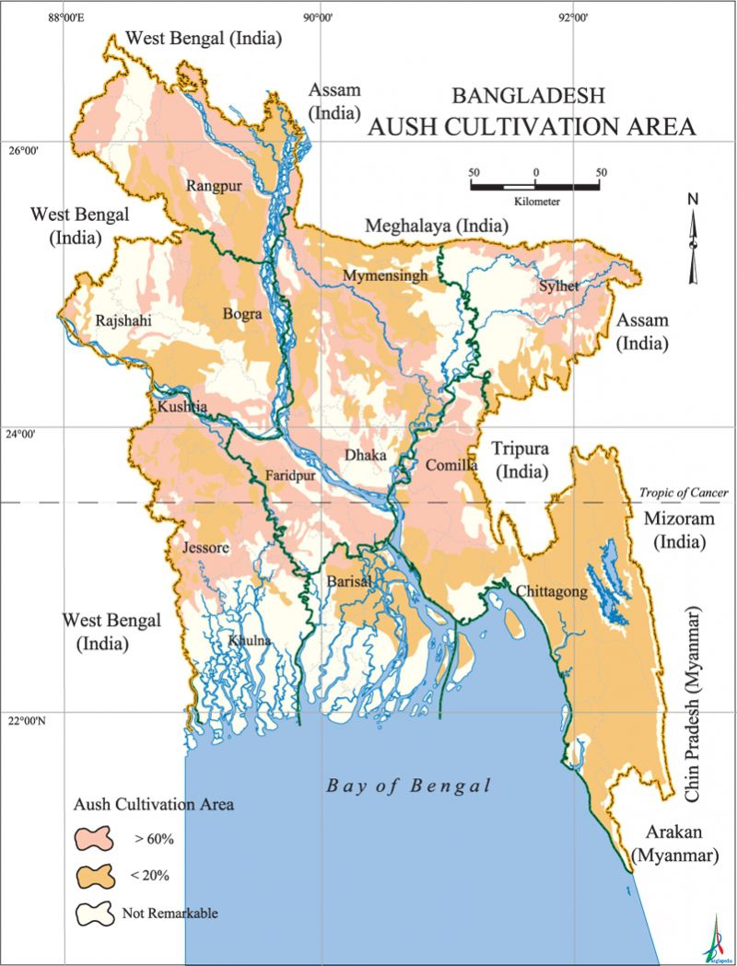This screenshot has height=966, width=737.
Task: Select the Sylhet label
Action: click(x=559, y=286)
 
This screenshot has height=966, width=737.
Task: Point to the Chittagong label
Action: click(x=551, y=592)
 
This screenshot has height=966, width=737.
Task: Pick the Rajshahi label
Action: click(x=123, y=321)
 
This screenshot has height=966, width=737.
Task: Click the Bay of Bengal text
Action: click(x=409, y=786)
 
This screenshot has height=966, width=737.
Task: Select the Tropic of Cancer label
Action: click(x=684, y=493)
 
